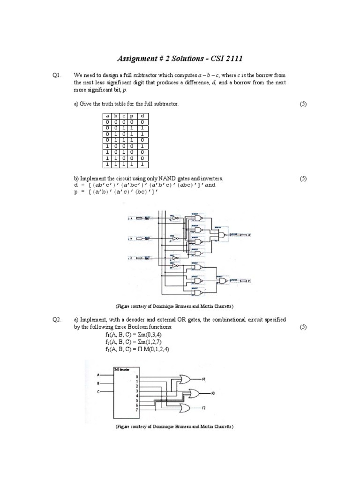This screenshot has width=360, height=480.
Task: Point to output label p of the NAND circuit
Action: click(x=248, y=281)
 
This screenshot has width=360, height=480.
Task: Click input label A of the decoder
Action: click(x=98, y=375)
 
